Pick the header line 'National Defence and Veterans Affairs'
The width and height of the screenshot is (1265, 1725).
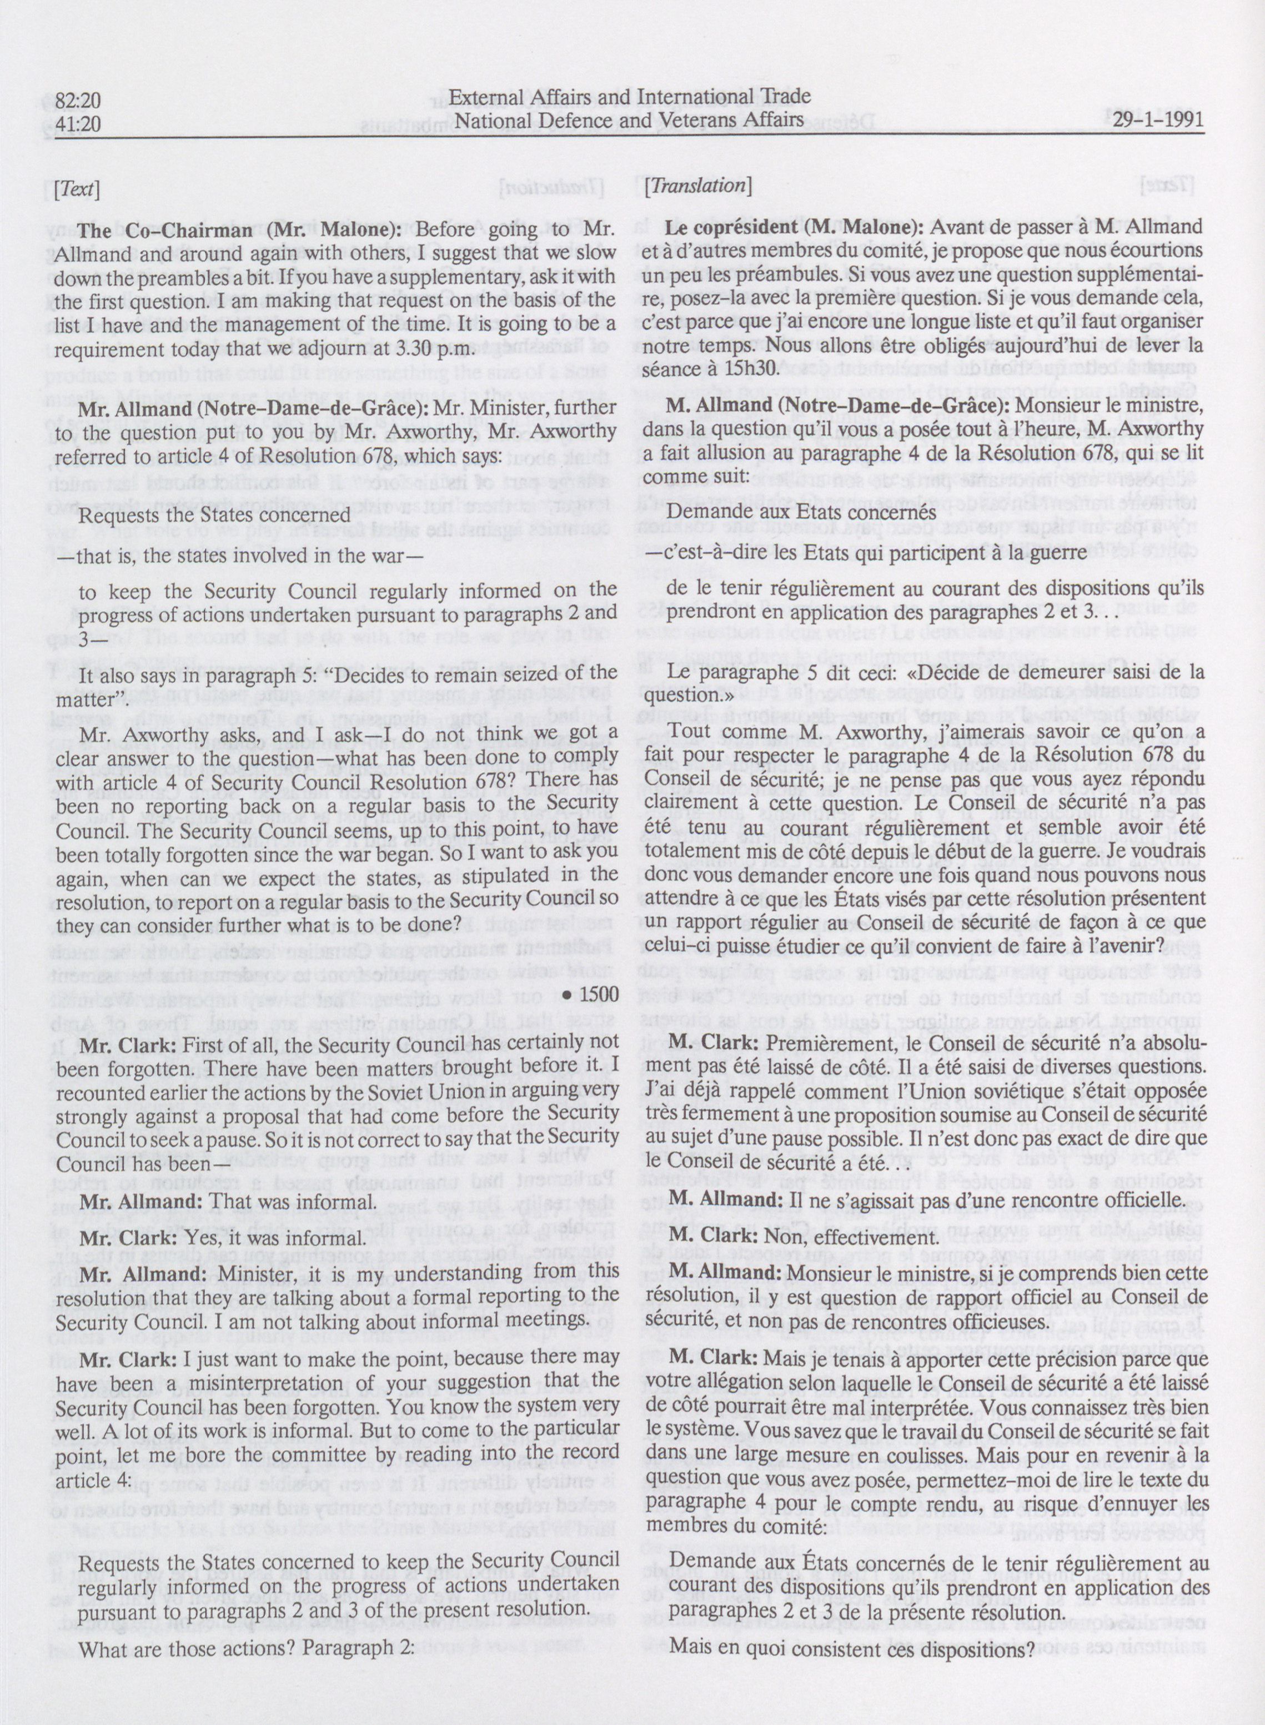(629, 119)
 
